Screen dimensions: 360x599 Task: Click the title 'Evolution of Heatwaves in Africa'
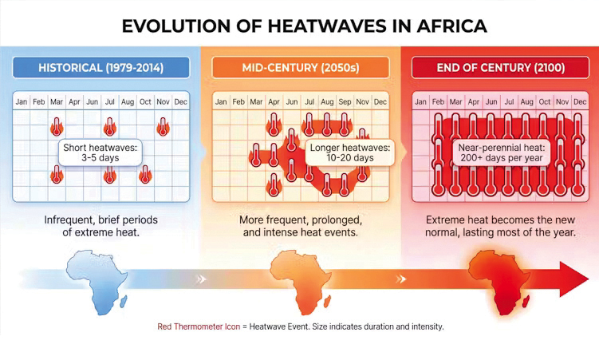pos(304,26)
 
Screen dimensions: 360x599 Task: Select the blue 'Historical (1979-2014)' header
pos(101,67)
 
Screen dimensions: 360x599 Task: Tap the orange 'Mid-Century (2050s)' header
pos(300,67)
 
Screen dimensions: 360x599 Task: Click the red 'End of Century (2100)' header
pos(500,67)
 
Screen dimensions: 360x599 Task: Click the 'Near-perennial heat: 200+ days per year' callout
pos(500,152)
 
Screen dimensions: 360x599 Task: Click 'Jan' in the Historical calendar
pos(22,102)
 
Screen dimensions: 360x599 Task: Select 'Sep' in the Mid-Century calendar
pos(345,102)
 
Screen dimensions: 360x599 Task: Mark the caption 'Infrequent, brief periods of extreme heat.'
pos(101,225)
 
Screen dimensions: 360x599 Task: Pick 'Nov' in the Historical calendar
pos(163,102)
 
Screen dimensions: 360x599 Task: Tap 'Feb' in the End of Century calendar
pos(438,102)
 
